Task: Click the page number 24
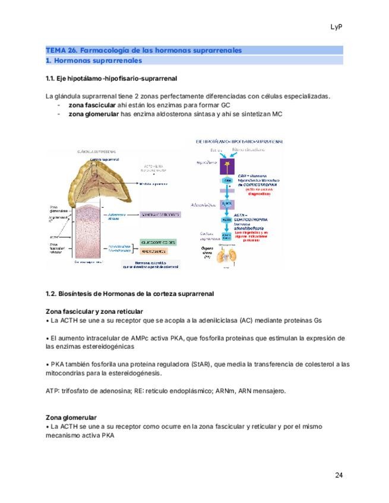pos(339,475)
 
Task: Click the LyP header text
pos(337,27)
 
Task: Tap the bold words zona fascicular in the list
pos(92,106)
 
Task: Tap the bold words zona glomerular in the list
pos(94,114)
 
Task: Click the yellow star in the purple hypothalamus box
pos(227,163)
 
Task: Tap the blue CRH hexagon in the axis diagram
pos(227,180)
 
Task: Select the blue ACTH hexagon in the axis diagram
pos(226,219)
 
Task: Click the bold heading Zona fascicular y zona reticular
pos(94,311)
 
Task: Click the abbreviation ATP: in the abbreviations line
pos(52,391)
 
